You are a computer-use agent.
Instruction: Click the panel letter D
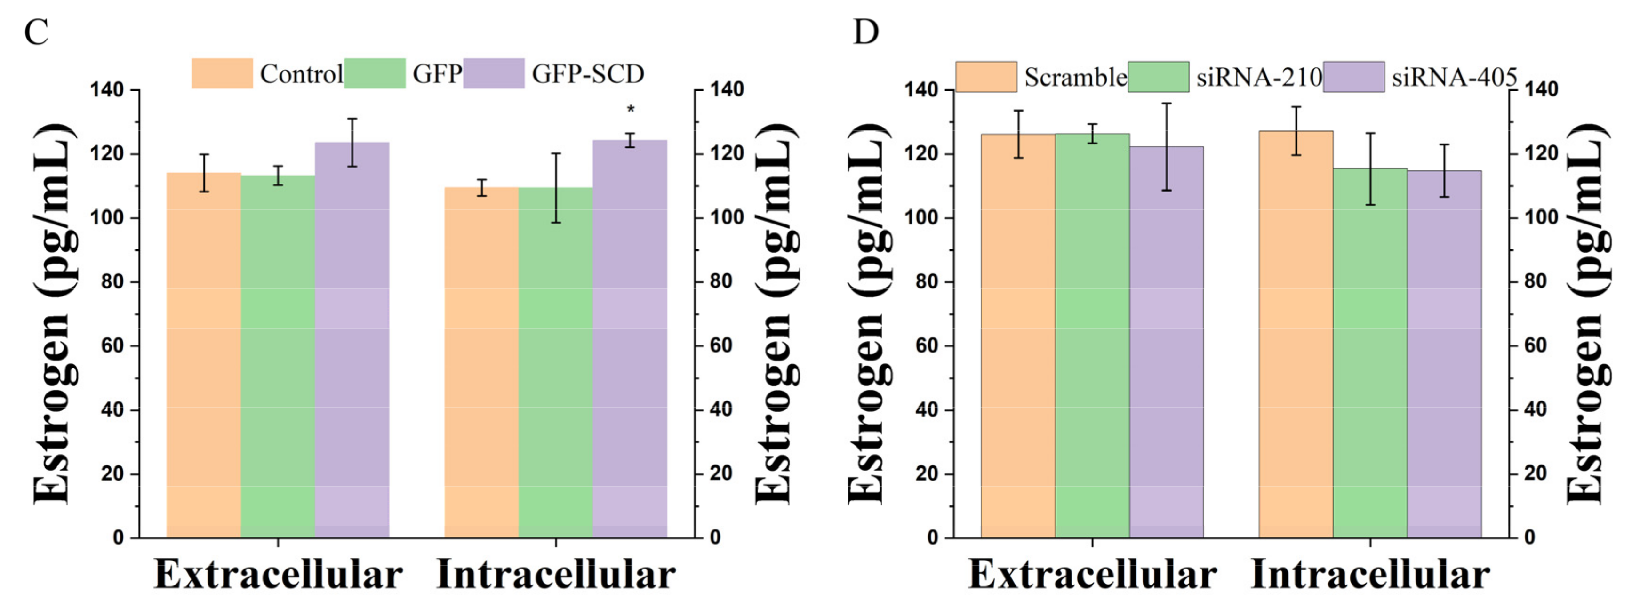pyautogui.click(x=866, y=32)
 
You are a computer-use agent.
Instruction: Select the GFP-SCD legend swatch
pyautogui.click(x=494, y=73)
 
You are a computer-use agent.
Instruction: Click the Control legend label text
pyautogui.click(x=301, y=74)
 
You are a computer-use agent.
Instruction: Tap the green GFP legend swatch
pyautogui.click(x=375, y=73)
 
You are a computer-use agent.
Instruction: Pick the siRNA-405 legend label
pyautogui.click(x=1454, y=77)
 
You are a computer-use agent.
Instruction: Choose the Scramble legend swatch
pyautogui.click(x=986, y=77)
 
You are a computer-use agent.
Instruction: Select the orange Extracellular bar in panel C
pyautogui.click(x=203, y=355)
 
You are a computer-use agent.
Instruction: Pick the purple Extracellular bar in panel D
pyautogui.click(x=1166, y=342)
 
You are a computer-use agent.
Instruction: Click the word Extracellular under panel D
pyautogui.click(x=1092, y=575)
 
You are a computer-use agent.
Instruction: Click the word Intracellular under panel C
pyautogui.click(x=556, y=575)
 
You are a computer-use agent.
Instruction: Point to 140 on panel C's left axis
pyautogui.click(x=106, y=90)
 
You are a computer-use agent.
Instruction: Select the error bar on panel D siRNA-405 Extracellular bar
pyautogui.click(x=1166, y=147)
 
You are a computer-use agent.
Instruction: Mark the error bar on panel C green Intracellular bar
pyautogui.click(x=556, y=188)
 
